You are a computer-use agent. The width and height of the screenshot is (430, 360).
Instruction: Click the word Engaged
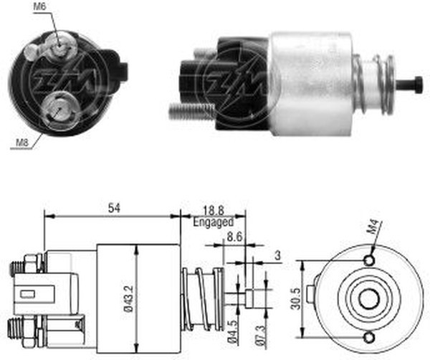pos(212,223)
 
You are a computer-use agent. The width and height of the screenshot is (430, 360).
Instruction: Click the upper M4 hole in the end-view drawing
pos(369,260)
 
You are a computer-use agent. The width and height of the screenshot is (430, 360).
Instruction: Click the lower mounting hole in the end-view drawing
pos(369,336)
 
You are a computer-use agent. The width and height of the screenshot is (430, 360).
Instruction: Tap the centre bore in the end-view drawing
pos(369,298)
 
